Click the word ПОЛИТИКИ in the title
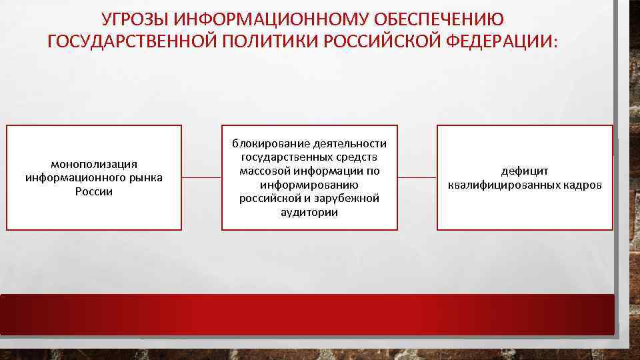(x=270, y=42)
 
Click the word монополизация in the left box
(x=94, y=164)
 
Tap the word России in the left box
(x=94, y=192)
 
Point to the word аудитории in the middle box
(x=309, y=213)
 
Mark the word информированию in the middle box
(x=309, y=185)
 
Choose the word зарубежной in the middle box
(x=347, y=199)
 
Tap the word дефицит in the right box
(x=525, y=171)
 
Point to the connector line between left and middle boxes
(x=201, y=178)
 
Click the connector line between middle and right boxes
(x=417, y=178)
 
